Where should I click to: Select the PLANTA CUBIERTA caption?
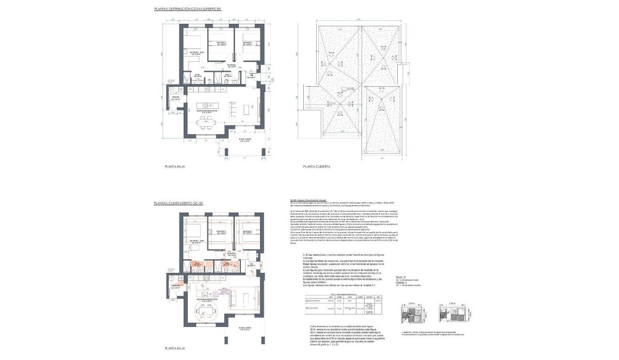coord(316,167)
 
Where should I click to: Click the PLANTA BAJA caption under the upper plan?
coord(174,167)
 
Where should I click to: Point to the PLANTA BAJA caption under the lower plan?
coord(174,349)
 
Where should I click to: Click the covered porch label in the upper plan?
coord(244,140)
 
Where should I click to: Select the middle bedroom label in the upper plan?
coord(220,44)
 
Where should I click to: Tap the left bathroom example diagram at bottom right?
coord(412,315)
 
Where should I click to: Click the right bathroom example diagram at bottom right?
coord(453,315)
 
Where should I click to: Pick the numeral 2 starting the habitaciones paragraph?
coord(305,255)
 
